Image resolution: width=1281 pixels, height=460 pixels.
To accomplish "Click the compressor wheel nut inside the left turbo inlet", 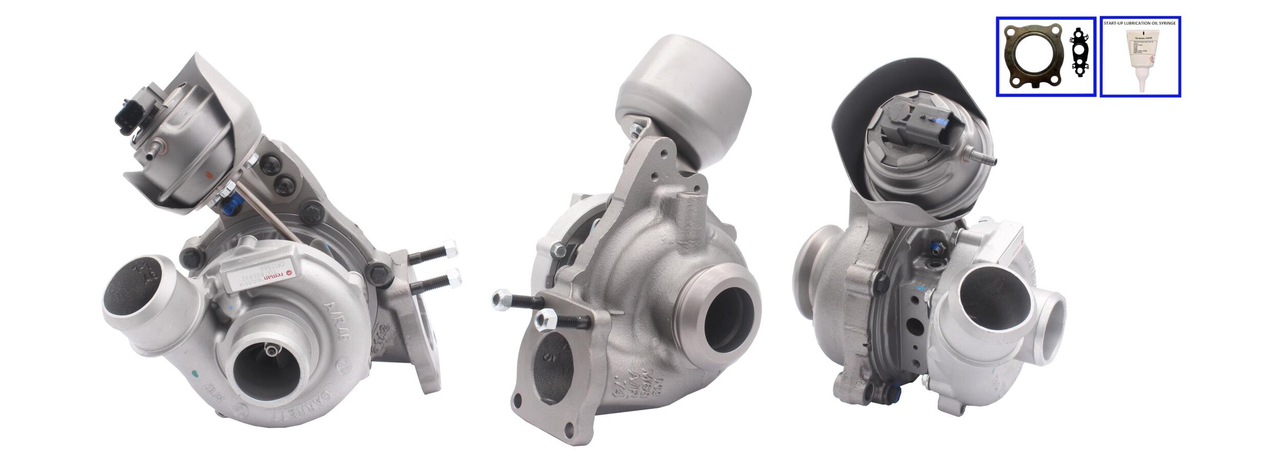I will pyautogui.click(x=270, y=351).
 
